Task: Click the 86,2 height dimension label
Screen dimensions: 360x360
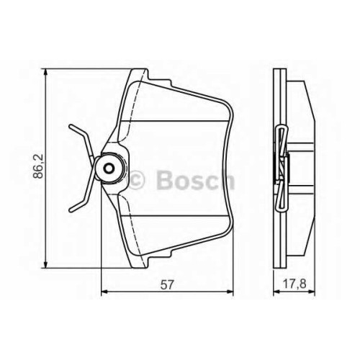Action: pos(38,166)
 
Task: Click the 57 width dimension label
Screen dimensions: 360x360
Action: pos(167,285)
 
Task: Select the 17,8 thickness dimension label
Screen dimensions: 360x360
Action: pos(294,284)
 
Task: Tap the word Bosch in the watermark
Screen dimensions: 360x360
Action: pos(195,180)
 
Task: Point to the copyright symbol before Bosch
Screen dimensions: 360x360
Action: pos(136,180)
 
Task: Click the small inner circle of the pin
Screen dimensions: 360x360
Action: pos(109,168)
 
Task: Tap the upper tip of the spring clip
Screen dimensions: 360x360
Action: pos(70,126)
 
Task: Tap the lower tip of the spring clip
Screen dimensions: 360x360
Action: pos(71,210)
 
